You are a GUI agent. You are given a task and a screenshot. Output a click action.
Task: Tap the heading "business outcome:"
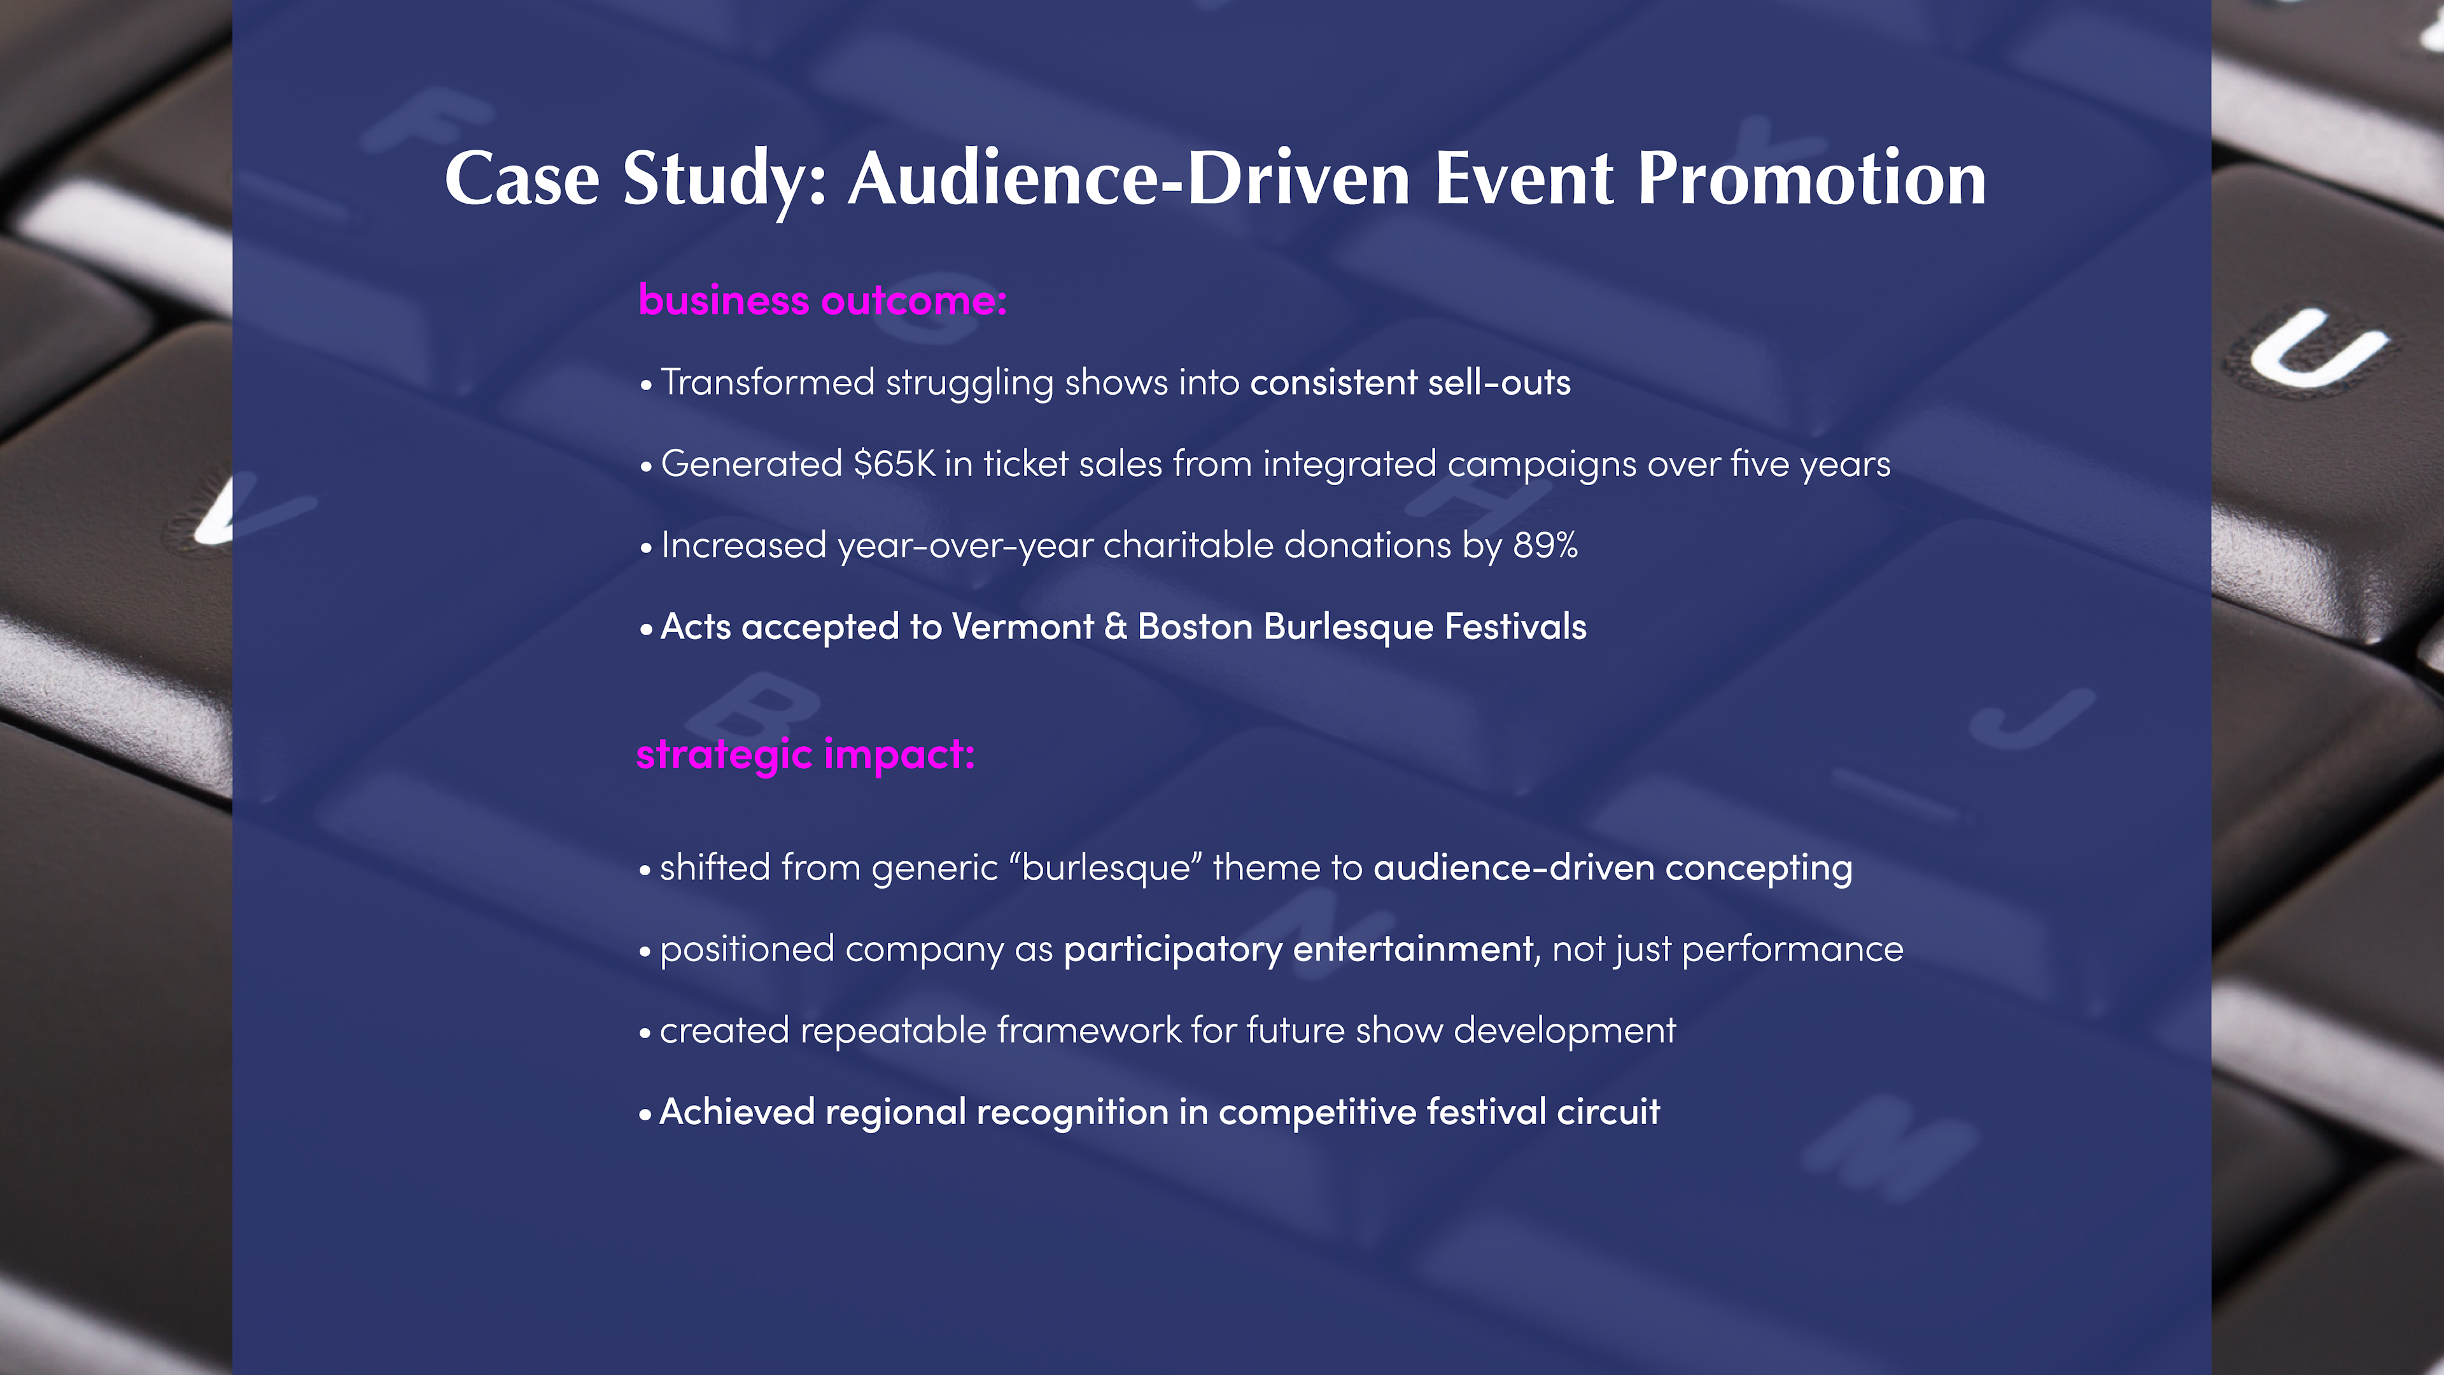coord(822,301)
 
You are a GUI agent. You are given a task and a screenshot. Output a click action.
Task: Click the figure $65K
coord(894,464)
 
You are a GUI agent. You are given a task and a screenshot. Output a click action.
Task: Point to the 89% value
coord(1545,546)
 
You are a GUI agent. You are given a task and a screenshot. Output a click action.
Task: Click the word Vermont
coord(1023,626)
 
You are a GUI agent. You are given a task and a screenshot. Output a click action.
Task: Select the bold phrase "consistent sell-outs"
coord(1410,383)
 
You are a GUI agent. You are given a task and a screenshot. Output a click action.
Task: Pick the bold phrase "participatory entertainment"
coord(1298,950)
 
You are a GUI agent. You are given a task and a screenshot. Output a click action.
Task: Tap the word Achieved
coord(737,1112)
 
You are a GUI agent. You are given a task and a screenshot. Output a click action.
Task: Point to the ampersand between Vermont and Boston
coord(1116,626)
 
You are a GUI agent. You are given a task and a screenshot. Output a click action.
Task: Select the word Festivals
coord(1515,626)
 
